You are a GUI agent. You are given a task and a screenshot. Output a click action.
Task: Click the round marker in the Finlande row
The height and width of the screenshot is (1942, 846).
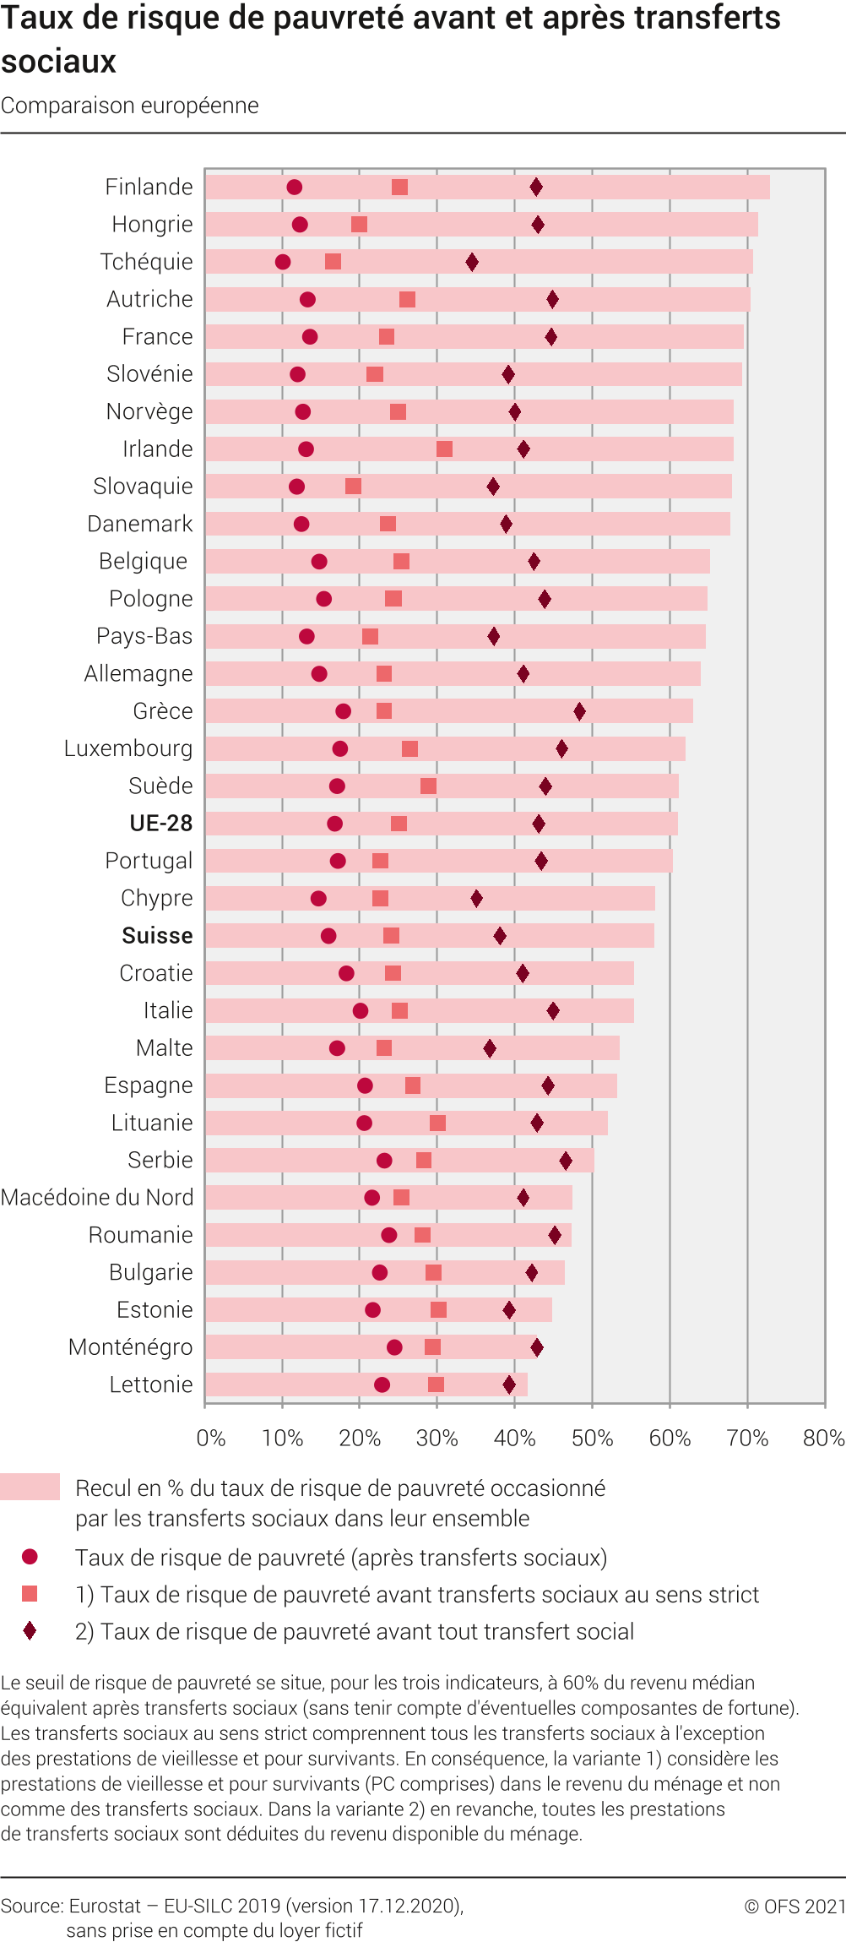pos(294,188)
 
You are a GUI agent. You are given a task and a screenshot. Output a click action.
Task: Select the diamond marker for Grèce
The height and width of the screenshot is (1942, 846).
pos(579,711)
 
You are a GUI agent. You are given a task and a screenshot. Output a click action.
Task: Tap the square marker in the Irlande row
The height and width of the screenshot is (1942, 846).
pos(444,449)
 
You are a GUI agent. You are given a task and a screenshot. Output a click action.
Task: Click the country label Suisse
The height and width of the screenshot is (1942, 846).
pos(157,936)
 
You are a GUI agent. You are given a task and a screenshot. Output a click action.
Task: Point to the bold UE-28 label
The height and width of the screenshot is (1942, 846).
pos(160,824)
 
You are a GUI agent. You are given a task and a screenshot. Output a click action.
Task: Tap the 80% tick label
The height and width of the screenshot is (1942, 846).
pos(823,1438)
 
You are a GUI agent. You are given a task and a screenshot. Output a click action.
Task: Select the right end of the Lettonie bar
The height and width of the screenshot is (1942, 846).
pos(527,1384)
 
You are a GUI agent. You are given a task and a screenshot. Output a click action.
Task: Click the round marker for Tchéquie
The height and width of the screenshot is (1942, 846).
pos(283,262)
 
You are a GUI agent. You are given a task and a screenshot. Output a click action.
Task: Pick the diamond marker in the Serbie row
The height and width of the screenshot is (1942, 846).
pos(566,1161)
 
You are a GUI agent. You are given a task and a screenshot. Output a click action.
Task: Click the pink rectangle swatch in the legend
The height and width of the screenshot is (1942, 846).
pos(30,1487)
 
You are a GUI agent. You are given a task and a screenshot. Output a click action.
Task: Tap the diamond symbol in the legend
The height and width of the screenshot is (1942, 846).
pos(30,1631)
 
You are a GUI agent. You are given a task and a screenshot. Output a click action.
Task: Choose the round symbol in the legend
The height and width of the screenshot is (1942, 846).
pos(30,1557)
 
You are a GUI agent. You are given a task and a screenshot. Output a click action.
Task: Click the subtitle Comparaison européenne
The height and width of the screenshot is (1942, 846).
pos(130,106)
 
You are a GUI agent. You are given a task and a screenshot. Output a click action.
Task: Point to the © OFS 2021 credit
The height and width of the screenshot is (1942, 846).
pos(794,1907)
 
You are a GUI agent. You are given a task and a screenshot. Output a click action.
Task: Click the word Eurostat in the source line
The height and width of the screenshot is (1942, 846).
pos(105,1907)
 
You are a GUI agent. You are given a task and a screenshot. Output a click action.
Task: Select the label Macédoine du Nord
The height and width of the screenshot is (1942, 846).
pos(97,1198)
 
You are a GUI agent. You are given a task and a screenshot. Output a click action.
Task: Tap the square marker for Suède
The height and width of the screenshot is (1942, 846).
pos(428,786)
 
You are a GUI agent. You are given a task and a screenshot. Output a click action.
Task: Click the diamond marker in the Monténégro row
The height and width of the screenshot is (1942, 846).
pos(537,1347)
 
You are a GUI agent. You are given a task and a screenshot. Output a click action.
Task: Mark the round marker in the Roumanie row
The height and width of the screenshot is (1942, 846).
pos(388,1235)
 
